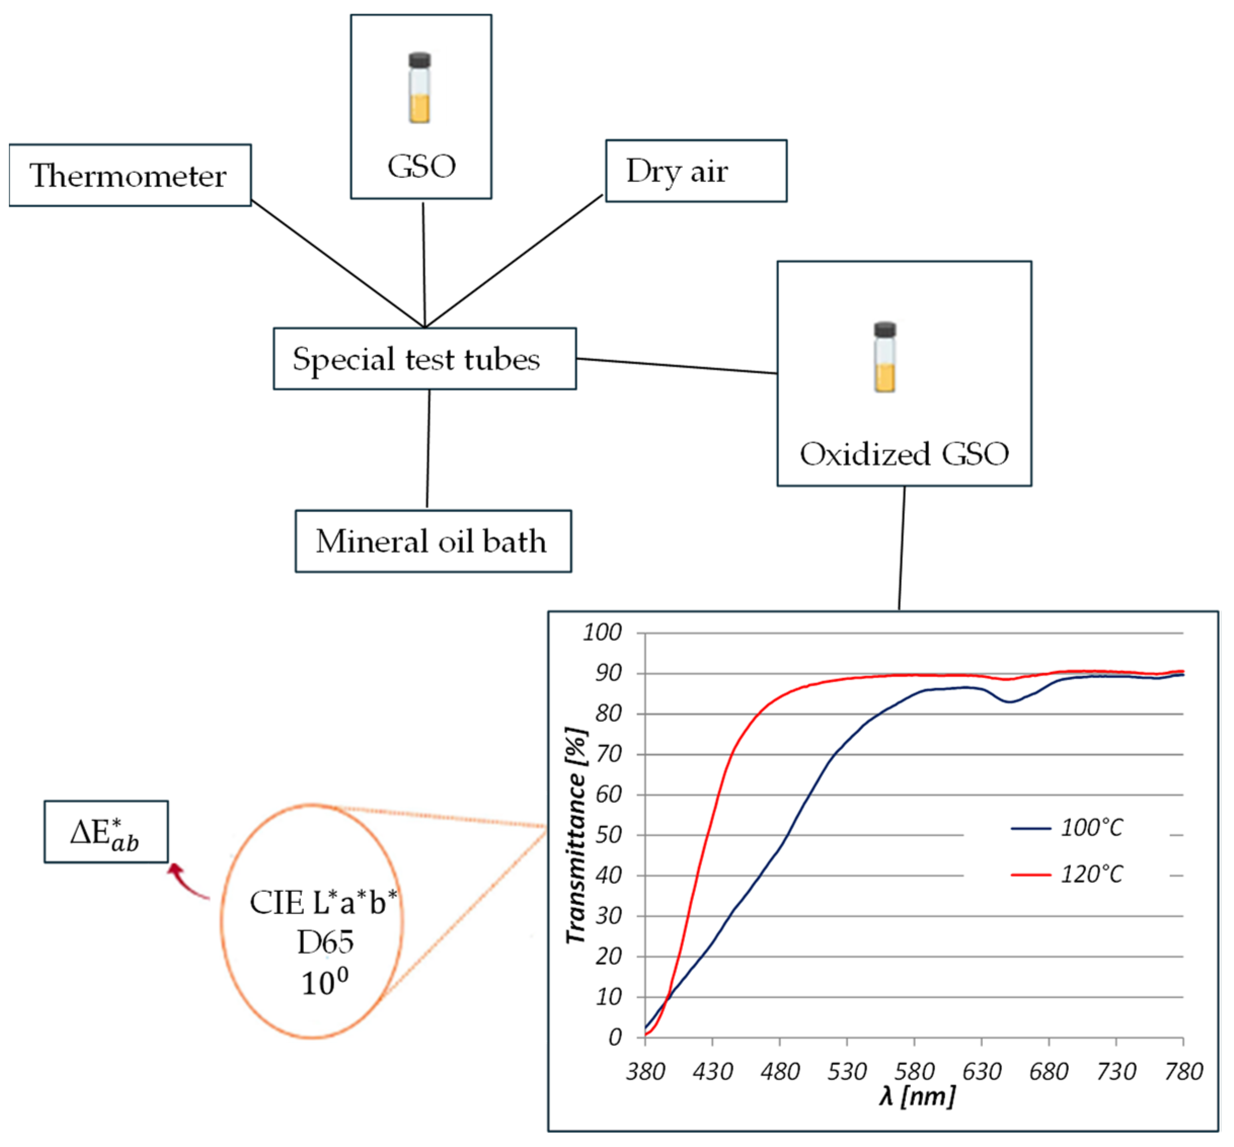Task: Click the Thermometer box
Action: point(130,176)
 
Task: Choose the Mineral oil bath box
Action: point(433,542)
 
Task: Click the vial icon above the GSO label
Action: point(419,88)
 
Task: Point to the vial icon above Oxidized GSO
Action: point(884,357)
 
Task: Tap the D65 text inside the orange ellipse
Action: point(325,943)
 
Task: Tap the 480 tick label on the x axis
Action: point(780,1071)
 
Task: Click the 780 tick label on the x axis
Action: point(1183,1071)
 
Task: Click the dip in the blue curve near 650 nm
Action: point(1009,702)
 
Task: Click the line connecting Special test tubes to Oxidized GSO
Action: point(677,366)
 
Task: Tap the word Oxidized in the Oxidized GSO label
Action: point(865,454)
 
